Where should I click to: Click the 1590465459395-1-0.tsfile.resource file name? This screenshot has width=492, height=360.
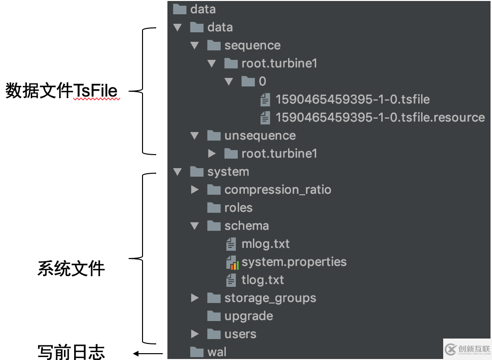(x=380, y=118)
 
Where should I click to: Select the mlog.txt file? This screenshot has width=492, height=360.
(x=266, y=244)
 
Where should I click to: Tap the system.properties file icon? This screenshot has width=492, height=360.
(x=232, y=262)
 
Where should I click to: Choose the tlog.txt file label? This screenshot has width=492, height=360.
(x=263, y=280)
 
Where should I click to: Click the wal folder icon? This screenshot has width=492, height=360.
(x=197, y=352)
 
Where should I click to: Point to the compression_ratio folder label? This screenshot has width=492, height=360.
(x=278, y=190)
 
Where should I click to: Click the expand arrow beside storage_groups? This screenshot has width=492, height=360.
(x=195, y=298)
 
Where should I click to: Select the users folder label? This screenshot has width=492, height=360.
(x=240, y=334)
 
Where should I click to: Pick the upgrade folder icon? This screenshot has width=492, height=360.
(x=214, y=316)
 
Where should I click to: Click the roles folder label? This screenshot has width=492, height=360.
(x=238, y=208)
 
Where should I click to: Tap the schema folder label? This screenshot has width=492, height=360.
(x=246, y=226)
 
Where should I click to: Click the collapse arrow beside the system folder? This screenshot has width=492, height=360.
(x=178, y=172)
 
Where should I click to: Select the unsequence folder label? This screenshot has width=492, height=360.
(x=260, y=136)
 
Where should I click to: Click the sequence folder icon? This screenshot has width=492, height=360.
(x=214, y=45)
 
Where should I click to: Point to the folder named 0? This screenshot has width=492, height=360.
(x=262, y=81)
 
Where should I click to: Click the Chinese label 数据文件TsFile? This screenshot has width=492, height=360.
(x=62, y=91)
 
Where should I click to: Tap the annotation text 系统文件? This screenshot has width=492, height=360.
(x=71, y=269)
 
